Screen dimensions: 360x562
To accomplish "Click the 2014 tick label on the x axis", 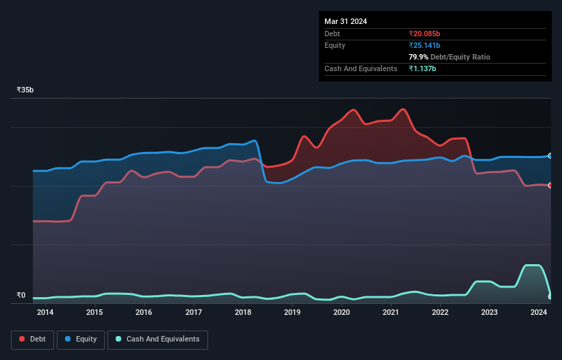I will (x=45, y=313).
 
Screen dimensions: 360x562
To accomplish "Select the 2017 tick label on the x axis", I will (x=194, y=313).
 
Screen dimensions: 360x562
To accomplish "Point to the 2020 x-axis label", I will (x=342, y=313).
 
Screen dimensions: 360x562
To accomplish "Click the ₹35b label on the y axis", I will (x=25, y=90).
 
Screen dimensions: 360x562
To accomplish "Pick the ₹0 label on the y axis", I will (x=21, y=296).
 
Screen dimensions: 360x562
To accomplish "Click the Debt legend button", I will (x=33, y=339).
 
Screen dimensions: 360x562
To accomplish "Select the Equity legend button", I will (x=81, y=339).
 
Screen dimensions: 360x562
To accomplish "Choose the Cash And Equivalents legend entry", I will (x=157, y=339).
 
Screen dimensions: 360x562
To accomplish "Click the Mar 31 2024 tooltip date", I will (x=346, y=21).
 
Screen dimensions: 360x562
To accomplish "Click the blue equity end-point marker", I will (x=550, y=156).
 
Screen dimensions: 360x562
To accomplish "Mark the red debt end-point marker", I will (x=550, y=185).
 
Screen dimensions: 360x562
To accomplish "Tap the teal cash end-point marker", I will (x=550, y=296).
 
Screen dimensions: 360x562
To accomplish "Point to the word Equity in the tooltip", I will (x=336, y=45).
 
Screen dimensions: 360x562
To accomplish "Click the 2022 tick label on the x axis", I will (x=440, y=313).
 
